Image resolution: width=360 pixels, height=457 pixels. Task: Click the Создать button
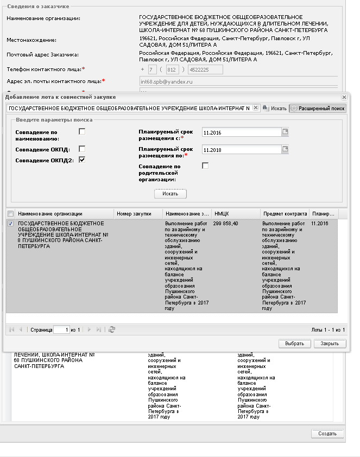pos(327,434)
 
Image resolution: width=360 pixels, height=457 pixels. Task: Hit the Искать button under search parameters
pos(170,194)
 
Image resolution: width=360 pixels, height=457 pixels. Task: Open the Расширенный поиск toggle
pos(318,108)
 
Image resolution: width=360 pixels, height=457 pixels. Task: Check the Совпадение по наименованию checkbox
pos(82,131)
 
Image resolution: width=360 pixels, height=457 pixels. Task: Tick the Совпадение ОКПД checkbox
pos(82,149)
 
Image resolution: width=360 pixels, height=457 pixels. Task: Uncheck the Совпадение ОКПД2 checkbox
pos(82,160)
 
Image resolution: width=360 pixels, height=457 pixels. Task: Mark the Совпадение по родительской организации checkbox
pos(205,166)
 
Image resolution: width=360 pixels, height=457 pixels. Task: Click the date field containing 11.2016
pos(240,132)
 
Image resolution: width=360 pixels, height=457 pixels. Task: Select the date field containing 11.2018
pos(240,150)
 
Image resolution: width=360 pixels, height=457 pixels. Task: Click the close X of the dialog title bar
pos(344,97)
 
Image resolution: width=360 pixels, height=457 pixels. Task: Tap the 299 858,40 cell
pos(225,224)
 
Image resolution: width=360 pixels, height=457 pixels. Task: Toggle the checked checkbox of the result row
pos(11,224)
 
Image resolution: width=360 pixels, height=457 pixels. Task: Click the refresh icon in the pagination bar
pos(112,329)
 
